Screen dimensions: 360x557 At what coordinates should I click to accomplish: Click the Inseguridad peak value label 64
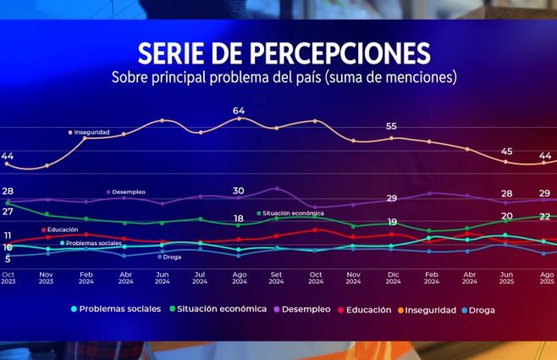pyautogui.click(x=239, y=111)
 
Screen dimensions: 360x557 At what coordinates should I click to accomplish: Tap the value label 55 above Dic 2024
pyautogui.click(x=391, y=126)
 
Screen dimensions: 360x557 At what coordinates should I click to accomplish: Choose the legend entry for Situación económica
pyautogui.click(x=219, y=310)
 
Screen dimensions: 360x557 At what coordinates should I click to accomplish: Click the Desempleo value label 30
pyautogui.click(x=239, y=191)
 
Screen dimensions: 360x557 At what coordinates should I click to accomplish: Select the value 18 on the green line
pyautogui.click(x=239, y=219)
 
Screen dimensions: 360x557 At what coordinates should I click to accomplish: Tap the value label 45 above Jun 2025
pyautogui.click(x=507, y=151)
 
